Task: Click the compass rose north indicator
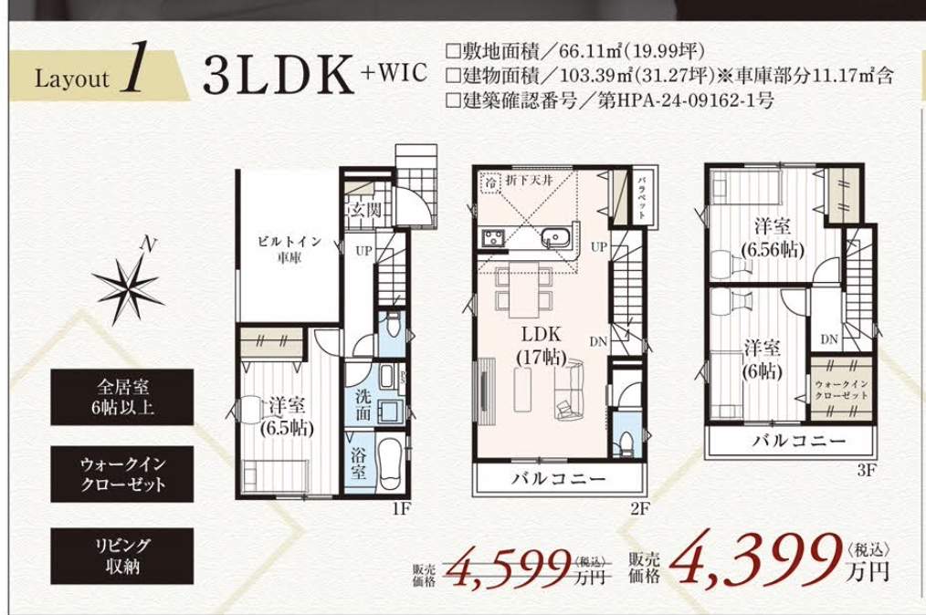128,283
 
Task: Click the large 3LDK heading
279,75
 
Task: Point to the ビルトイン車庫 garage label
290,249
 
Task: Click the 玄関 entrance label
365,210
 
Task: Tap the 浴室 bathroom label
359,464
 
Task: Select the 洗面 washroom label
363,405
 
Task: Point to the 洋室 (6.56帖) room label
773,238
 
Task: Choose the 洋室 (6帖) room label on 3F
763,360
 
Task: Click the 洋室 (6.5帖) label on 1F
287,416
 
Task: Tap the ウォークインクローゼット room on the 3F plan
841,389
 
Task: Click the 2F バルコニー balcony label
558,478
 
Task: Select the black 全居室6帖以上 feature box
121,397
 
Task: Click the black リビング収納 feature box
121,556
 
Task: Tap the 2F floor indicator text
639,508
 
